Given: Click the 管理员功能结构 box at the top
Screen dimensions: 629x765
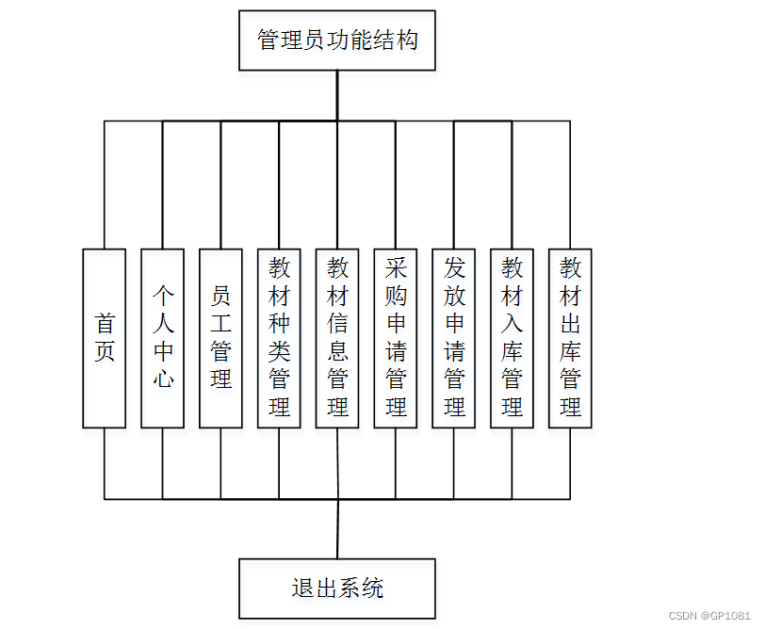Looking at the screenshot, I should (x=337, y=40).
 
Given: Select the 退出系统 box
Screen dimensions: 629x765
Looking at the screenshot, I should (x=337, y=589).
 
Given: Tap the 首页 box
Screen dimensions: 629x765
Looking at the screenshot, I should (x=105, y=338).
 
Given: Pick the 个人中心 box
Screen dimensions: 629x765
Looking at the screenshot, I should (x=163, y=338).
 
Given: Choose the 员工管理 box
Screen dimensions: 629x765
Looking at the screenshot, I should (x=221, y=338).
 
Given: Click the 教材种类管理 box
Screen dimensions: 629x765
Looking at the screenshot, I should (x=280, y=338).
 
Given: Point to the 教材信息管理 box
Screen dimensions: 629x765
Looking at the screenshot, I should (x=337, y=338).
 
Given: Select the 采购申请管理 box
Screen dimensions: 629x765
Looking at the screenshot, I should (x=396, y=338).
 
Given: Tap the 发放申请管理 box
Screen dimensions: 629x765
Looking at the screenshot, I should (x=454, y=338).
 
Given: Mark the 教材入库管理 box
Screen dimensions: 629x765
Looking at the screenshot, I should (x=513, y=338).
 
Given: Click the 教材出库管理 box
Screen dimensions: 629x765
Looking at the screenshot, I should (x=571, y=338).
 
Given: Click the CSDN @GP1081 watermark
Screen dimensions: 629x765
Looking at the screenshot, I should (x=708, y=615).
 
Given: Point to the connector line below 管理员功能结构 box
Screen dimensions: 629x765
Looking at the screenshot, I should (x=337, y=95).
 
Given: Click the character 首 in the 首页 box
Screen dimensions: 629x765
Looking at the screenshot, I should (x=105, y=324).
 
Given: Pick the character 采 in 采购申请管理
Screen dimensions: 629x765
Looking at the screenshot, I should (x=396, y=267).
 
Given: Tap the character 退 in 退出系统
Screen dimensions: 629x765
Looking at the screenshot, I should (x=302, y=589).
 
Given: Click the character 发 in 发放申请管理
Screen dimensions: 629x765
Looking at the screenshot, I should (x=454, y=267).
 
